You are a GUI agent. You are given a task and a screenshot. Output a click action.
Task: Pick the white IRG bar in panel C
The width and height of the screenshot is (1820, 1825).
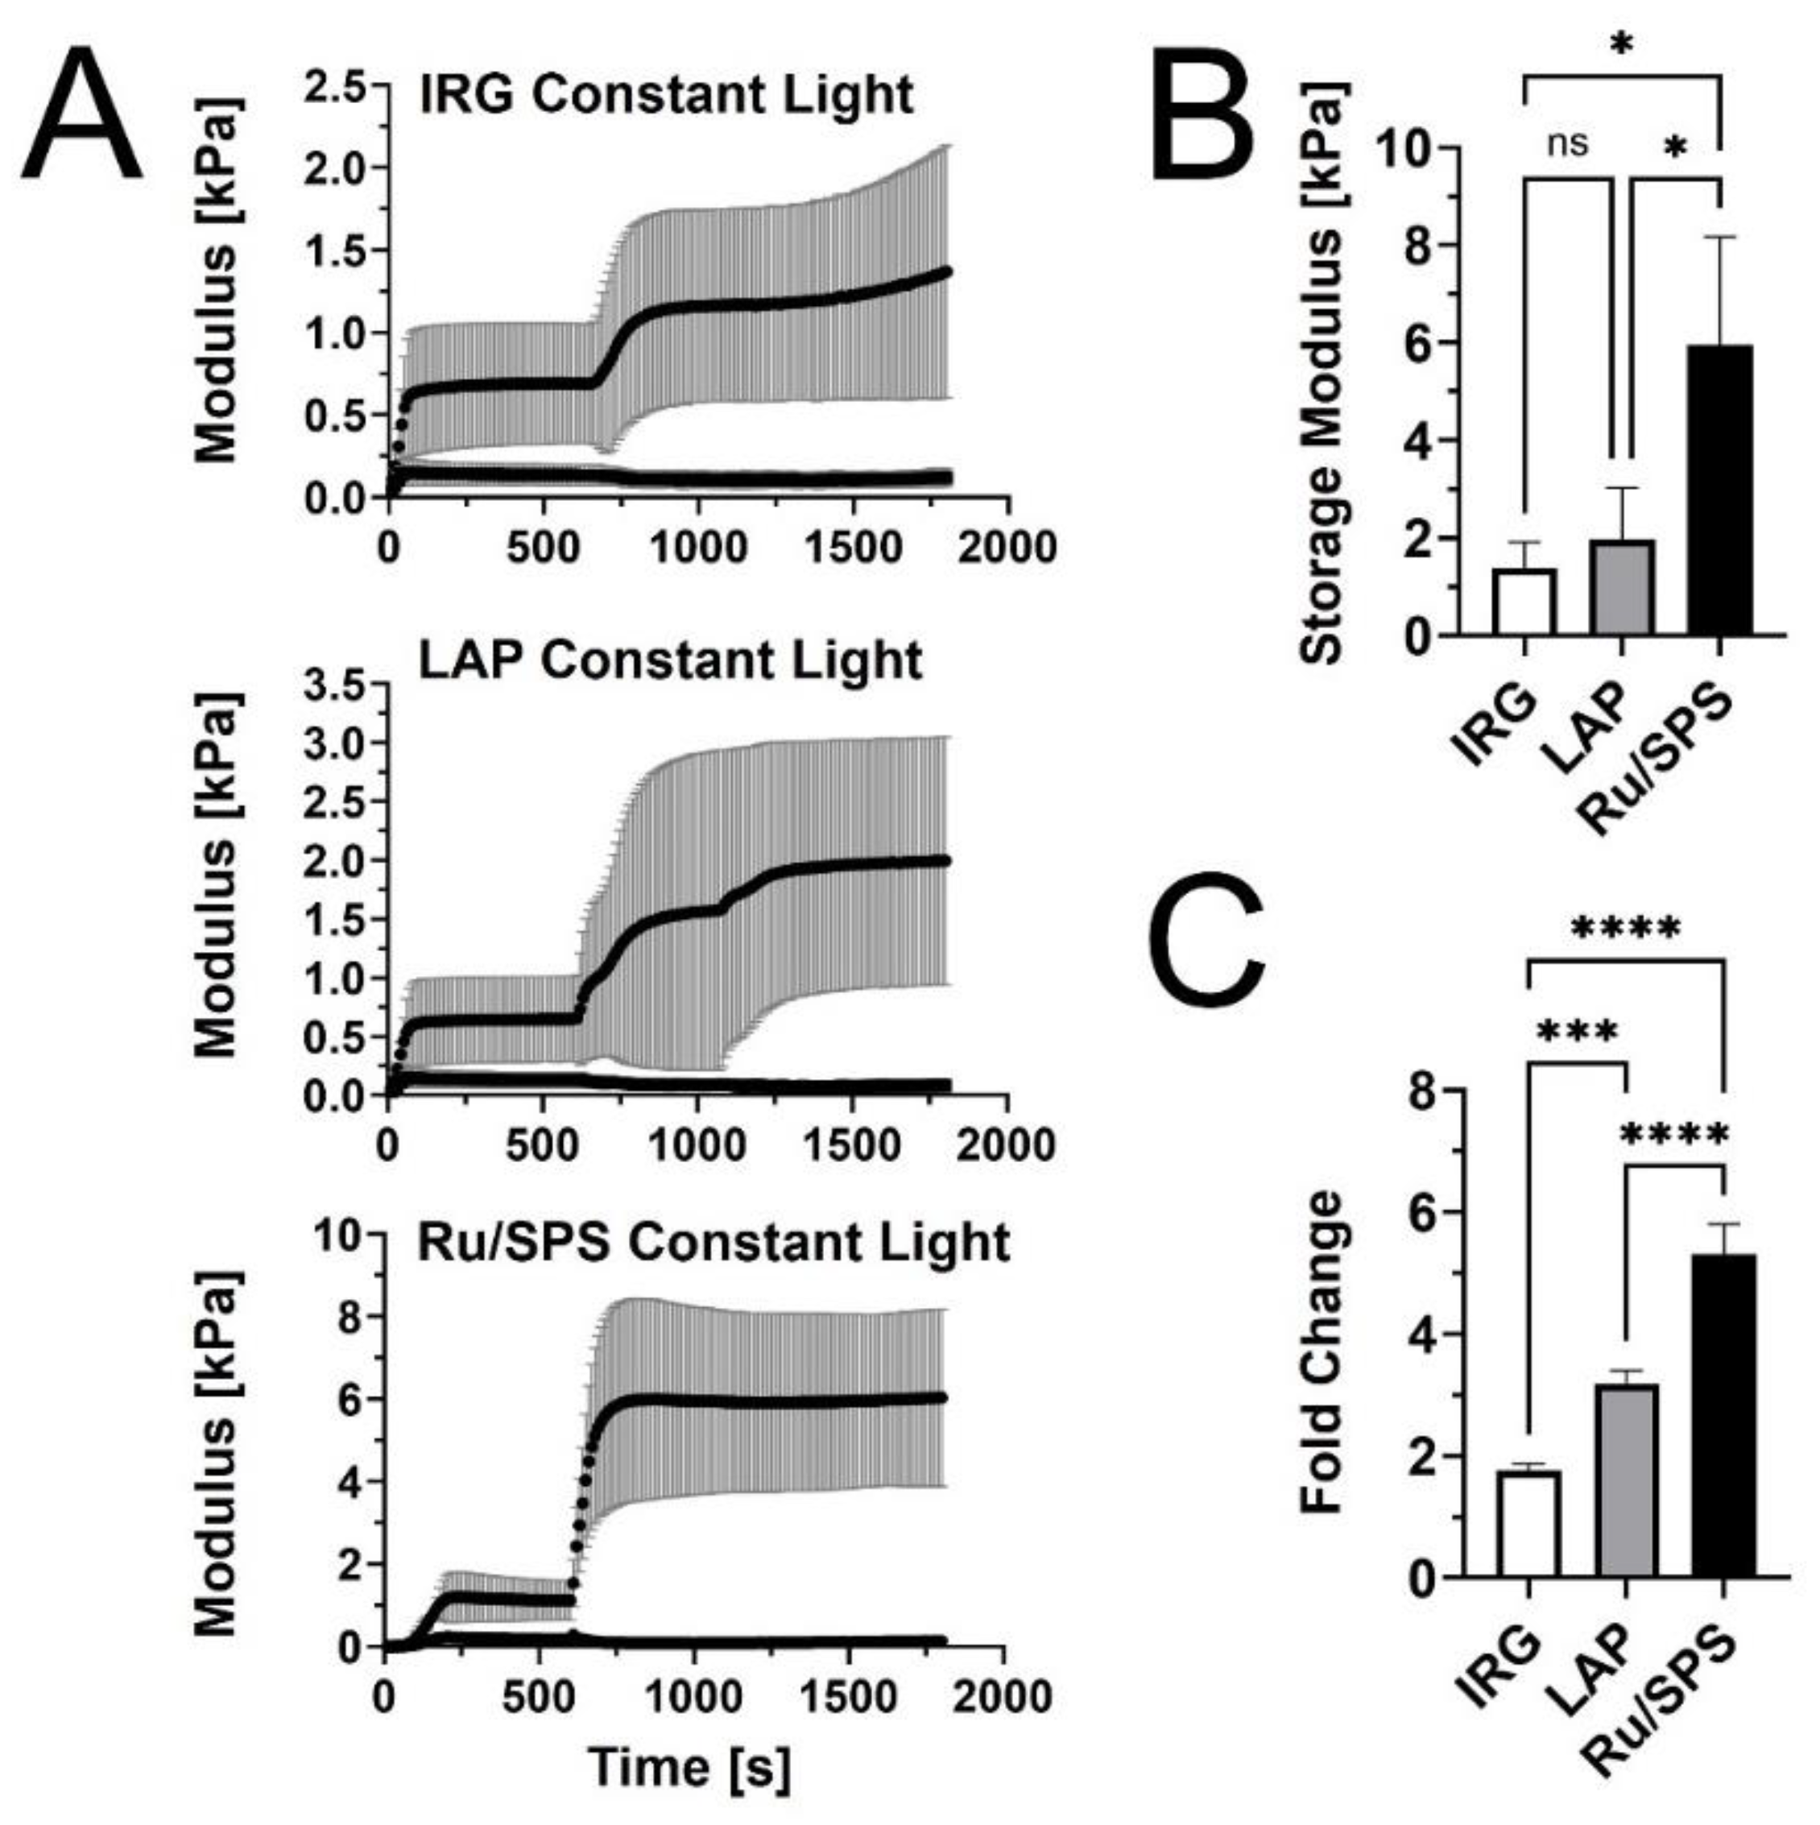point(1527,1523)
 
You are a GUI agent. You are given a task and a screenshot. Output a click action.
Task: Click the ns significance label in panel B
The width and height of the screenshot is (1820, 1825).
point(1568,143)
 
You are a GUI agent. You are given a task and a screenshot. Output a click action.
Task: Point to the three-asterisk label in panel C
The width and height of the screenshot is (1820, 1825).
point(1578,1032)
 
